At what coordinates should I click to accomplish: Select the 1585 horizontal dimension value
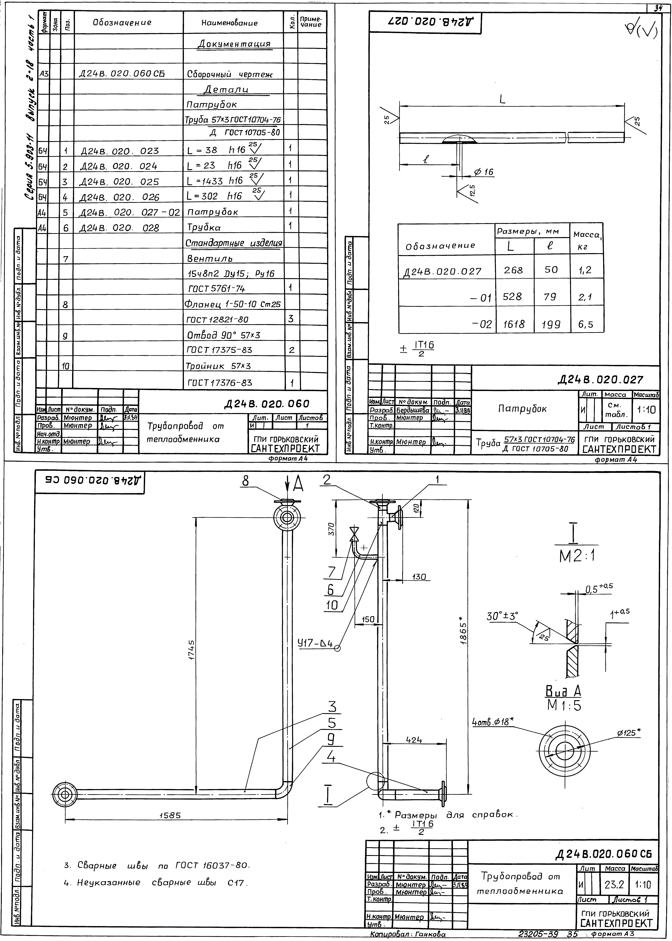[x=170, y=815]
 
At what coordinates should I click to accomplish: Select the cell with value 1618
[x=514, y=324]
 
